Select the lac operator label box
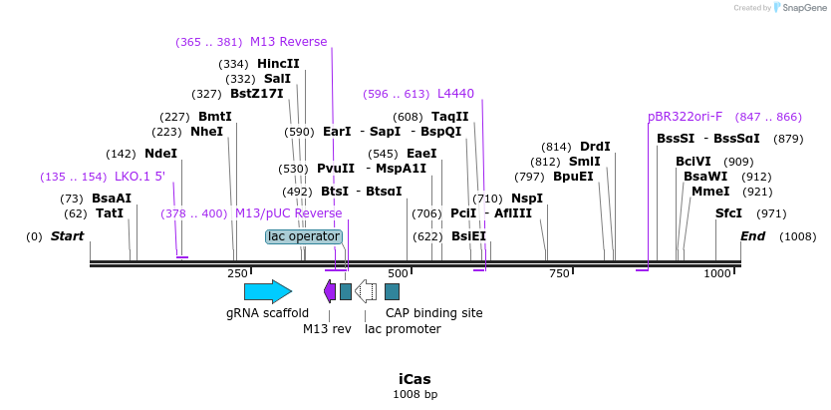pyautogui.click(x=304, y=236)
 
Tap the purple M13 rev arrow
pyautogui.click(x=330, y=291)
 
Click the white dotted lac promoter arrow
pyautogui.click(x=366, y=291)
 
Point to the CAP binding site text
pyautogui.click(x=434, y=313)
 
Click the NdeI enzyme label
pyautogui.click(x=160, y=154)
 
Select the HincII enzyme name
pyautogui.click(x=278, y=64)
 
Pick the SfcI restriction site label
pyautogui.click(x=728, y=213)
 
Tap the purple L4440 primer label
pyautogui.click(x=455, y=94)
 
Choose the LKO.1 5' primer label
pyautogui.click(x=139, y=177)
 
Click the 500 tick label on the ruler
pyautogui.click(x=398, y=273)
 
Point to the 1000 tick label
pyautogui.click(x=717, y=273)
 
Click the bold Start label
pyautogui.click(x=67, y=236)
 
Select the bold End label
pyautogui.click(x=752, y=236)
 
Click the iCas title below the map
pyautogui.click(x=415, y=379)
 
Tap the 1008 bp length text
pyautogui.click(x=415, y=395)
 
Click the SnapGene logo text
pyautogui.click(x=803, y=8)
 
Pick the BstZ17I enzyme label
pyautogui.click(x=257, y=94)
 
